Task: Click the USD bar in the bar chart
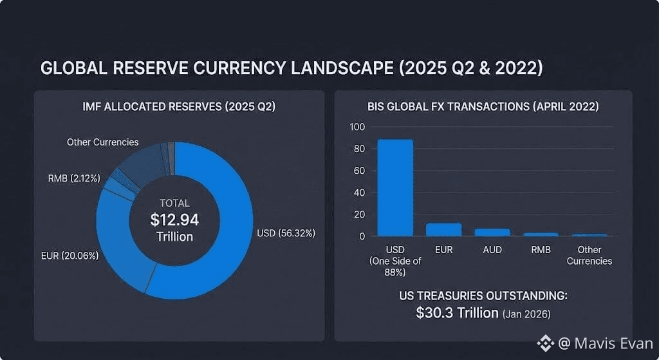[x=395, y=187]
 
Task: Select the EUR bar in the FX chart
[x=444, y=229]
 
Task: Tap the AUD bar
[x=492, y=232]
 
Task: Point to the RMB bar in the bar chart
[x=541, y=234]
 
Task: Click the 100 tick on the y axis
[x=357, y=127]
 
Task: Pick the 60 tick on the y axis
[x=359, y=171]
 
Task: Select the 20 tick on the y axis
[x=359, y=214]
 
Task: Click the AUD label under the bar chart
[x=492, y=250]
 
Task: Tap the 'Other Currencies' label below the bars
[x=590, y=255]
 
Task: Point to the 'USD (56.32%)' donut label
[x=286, y=233]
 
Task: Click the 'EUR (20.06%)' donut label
[x=70, y=256]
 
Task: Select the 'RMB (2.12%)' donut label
[x=74, y=178]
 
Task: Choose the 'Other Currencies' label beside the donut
[x=102, y=142]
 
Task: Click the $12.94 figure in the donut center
[x=174, y=220]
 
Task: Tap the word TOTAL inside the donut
[x=174, y=203]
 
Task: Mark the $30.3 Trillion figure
[x=457, y=313]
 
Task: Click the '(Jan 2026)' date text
[x=526, y=314]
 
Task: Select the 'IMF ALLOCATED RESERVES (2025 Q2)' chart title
[x=179, y=107]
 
